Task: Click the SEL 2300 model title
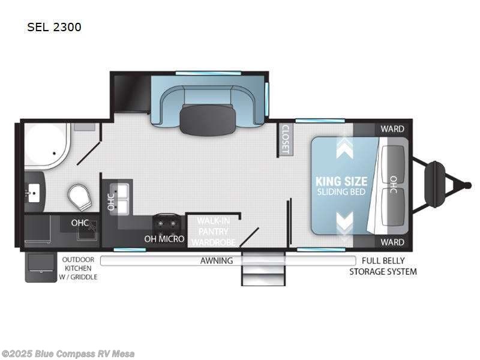click(54, 27)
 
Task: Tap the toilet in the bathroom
click(80, 196)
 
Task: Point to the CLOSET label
click(285, 139)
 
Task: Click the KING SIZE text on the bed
click(341, 181)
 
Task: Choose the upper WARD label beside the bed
click(392, 129)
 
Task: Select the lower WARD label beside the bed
click(392, 242)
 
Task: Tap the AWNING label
click(217, 260)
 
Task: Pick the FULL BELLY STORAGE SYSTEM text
click(383, 266)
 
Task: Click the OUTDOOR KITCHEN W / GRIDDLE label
click(78, 268)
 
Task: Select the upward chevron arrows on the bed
click(344, 146)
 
